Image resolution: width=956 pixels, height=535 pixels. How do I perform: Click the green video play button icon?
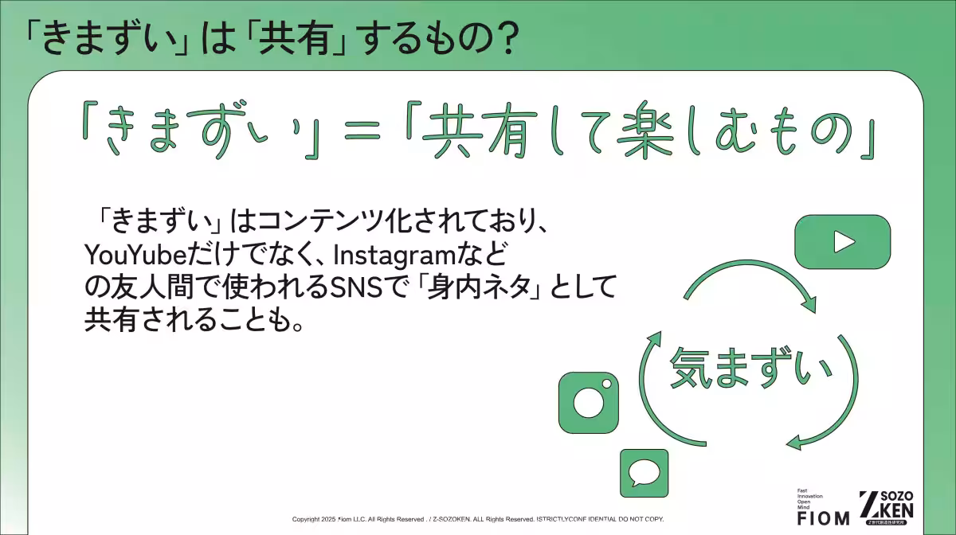(842, 241)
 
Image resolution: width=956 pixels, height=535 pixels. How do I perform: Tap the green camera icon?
(589, 403)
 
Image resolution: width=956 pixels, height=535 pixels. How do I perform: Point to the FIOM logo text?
(823, 517)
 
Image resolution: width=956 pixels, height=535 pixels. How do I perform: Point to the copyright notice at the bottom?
(478, 519)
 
